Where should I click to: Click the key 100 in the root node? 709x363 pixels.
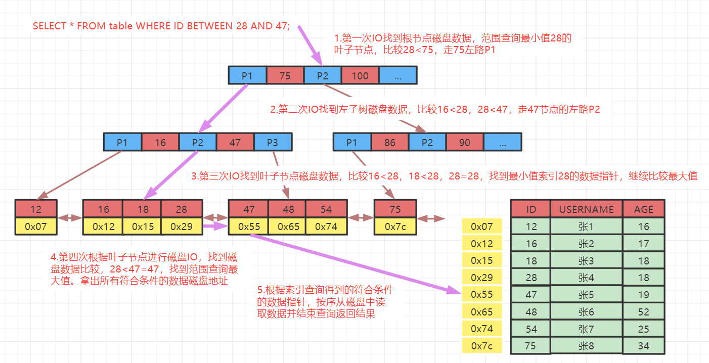(360, 76)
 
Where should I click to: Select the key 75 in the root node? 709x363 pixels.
(285, 76)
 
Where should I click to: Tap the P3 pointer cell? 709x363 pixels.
(273, 143)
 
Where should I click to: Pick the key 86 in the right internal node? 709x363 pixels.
(389, 143)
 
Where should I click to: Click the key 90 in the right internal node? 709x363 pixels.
(465, 143)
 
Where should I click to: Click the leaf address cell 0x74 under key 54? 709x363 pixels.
(326, 226)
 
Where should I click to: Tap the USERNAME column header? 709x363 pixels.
(587, 209)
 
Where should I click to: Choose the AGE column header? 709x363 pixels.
(644, 209)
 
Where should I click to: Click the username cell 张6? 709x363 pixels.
(587, 312)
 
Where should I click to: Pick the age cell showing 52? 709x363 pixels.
(644, 312)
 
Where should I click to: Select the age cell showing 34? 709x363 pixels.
(644, 346)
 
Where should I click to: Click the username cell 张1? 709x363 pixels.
(587, 226)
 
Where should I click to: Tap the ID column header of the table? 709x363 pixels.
(531, 209)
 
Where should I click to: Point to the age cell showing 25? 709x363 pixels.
(644, 329)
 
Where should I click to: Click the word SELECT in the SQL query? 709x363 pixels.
(49, 26)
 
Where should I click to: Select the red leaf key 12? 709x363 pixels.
(36, 209)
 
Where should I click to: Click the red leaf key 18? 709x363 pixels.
(142, 209)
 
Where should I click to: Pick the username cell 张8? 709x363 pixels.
(587, 346)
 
